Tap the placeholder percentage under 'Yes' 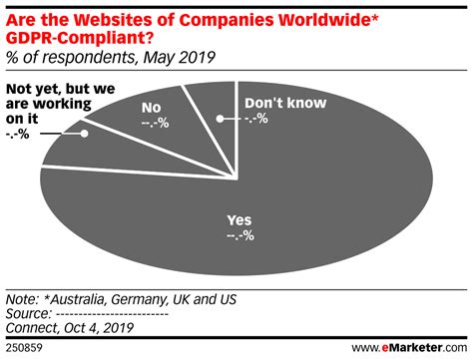tap(239, 236)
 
